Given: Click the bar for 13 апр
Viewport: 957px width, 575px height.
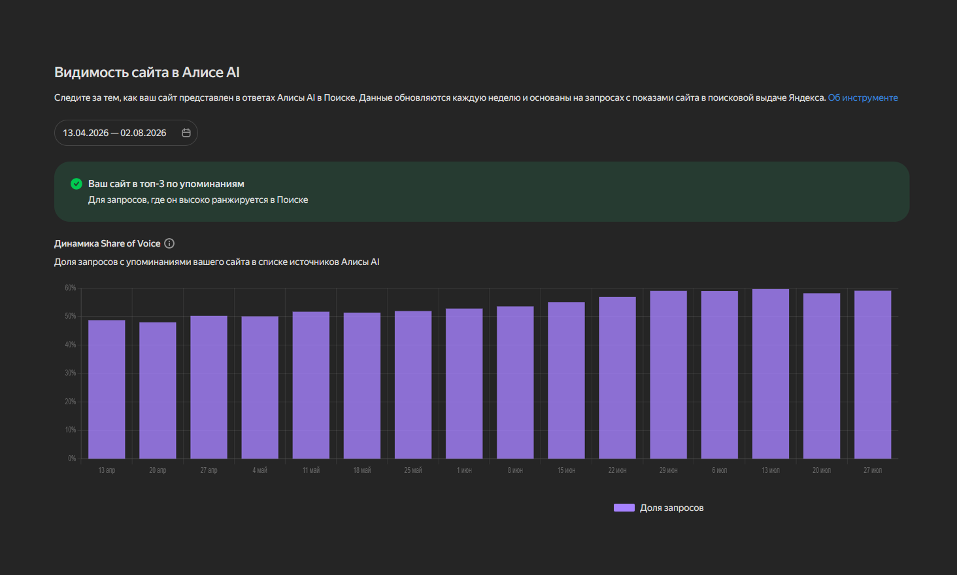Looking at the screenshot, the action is pyautogui.click(x=107, y=389).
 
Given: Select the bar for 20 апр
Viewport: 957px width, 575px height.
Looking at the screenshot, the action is pyautogui.click(x=158, y=391).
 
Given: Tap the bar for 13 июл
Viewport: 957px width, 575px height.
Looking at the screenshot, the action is pyautogui.click(x=770, y=374).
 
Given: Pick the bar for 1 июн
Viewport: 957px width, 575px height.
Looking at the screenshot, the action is pyautogui.click(x=464, y=383).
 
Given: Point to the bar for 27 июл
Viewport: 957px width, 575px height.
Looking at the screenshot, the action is pyautogui.click(x=873, y=374).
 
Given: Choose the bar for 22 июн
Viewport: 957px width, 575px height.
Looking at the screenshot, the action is pyautogui.click(x=617, y=378).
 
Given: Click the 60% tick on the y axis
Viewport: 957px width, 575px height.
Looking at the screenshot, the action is pyautogui.click(x=71, y=288).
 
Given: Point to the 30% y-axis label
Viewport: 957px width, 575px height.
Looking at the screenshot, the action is pyautogui.click(x=71, y=374).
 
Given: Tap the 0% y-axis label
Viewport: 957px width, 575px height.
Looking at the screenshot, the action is pyautogui.click(x=72, y=459).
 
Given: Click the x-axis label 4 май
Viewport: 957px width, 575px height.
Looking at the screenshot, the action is pyautogui.click(x=260, y=470).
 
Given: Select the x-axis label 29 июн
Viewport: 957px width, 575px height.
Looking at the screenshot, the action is pyautogui.click(x=668, y=470).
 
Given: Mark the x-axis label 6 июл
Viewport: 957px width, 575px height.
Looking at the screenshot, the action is pyautogui.click(x=720, y=470).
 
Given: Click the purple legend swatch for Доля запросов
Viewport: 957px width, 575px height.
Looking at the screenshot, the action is pyautogui.click(x=624, y=508).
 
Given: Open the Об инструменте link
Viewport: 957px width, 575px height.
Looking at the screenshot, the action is pyautogui.click(x=863, y=98).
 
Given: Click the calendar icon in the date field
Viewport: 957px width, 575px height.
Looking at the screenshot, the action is pyautogui.click(x=186, y=133).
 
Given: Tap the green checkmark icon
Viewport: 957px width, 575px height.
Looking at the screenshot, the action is pyautogui.click(x=76, y=184).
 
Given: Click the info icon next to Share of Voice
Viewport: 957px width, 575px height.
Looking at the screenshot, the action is pyautogui.click(x=169, y=244).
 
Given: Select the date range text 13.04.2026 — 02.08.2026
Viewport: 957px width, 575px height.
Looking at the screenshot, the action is pyautogui.click(x=114, y=133).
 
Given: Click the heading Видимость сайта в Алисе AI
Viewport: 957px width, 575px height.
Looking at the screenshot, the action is pyautogui.click(x=146, y=72).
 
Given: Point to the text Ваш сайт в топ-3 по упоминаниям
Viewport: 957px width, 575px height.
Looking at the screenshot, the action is pyautogui.click(x=166, y=184).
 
